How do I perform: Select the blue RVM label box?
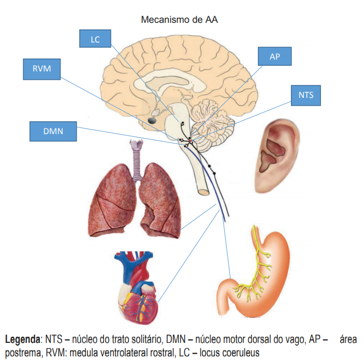[x=42, y=69]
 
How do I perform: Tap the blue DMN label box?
[x=53, y=131]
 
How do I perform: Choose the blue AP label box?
[x=275, y=56]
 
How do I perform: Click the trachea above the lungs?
[x=138, y=156]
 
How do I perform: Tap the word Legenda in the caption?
[x=23, y=340]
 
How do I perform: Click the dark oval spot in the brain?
[x=153, y=120]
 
